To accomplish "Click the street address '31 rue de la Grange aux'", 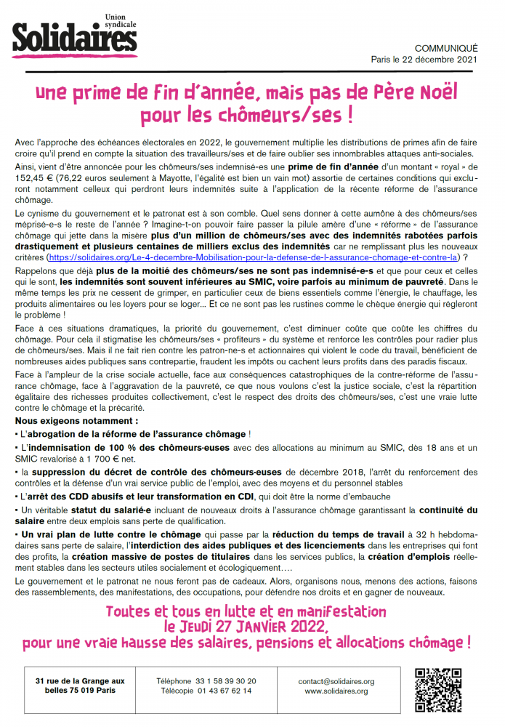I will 80,681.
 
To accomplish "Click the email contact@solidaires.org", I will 336,681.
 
